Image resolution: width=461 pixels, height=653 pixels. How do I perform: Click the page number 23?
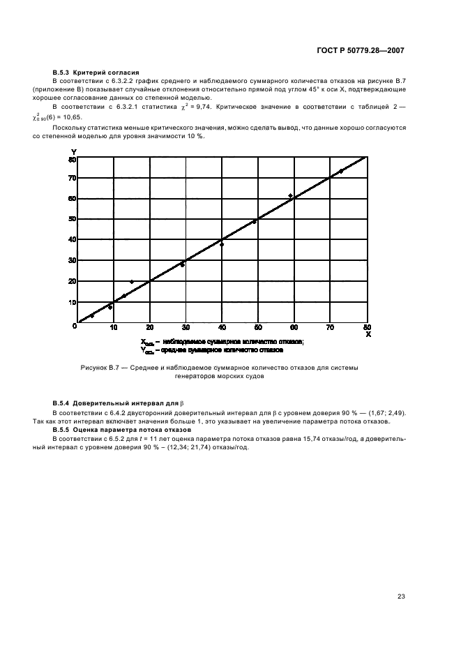(401, 596)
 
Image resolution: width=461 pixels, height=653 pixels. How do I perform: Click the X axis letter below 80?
(368, 335)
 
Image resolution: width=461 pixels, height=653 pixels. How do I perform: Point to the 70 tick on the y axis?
(72, 179)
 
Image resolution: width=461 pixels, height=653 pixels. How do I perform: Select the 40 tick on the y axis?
(72, 240)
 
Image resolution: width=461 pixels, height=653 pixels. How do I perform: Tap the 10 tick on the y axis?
(72, 302)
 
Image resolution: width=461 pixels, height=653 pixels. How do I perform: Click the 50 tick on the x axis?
(258, 328)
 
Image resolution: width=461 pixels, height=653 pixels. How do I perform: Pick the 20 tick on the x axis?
(149, 328)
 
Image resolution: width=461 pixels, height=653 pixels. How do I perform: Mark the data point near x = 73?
(341, 171)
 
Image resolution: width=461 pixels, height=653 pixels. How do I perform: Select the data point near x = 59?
(290, 196)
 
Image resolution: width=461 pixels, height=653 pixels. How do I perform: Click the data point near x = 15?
(132, 282)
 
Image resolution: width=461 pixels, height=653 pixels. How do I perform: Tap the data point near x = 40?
(222, 244)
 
